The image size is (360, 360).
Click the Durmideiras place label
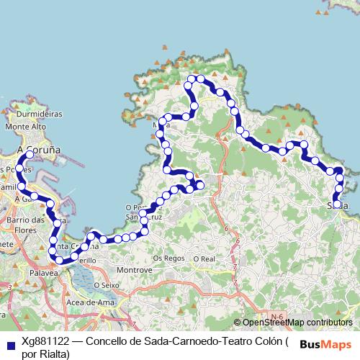40,114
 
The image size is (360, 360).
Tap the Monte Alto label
26,127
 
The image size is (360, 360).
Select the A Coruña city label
37,149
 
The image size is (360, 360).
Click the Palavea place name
45,274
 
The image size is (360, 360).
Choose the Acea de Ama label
91,302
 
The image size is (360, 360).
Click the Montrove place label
133,269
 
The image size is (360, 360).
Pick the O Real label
204,258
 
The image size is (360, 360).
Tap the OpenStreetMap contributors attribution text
297,323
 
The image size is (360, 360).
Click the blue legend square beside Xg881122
10,345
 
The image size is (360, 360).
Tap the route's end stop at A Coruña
30,155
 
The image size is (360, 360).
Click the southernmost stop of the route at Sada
336,204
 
